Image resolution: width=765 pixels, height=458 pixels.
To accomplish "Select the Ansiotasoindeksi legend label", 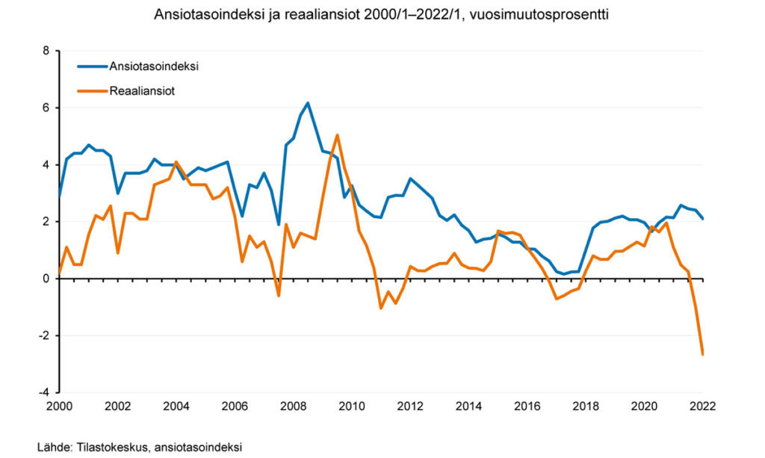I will pos(153,66).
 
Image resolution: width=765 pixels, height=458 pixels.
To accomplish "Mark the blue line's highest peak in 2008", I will pos(308,103).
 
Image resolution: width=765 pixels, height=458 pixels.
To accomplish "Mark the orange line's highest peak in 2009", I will pos(338,135).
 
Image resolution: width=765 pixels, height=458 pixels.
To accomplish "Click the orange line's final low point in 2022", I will pos(702,353).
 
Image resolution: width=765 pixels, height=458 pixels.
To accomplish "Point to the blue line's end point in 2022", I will pos(702,218).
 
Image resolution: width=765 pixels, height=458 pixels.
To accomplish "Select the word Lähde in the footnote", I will pos(52,447).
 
